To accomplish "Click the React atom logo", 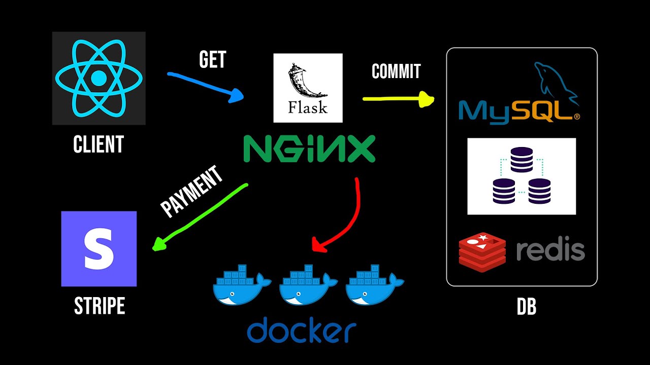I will [99, 79].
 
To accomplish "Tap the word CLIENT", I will [99, 145].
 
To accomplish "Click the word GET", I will [212, 60].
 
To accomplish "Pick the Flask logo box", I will [308, 88].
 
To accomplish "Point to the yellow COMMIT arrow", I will [396, 99].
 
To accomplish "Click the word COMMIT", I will [396, 71].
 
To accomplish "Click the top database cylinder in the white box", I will [522, 159].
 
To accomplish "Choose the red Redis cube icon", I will [482, 251].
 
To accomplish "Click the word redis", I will [550, 250].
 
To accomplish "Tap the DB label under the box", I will [526, 307].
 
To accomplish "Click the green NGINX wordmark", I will [309, 149].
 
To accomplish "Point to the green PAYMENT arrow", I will [203, 215].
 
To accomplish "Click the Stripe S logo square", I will [99, 249].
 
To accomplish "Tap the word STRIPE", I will [100, 306].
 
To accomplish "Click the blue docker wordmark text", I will [302, 331].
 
